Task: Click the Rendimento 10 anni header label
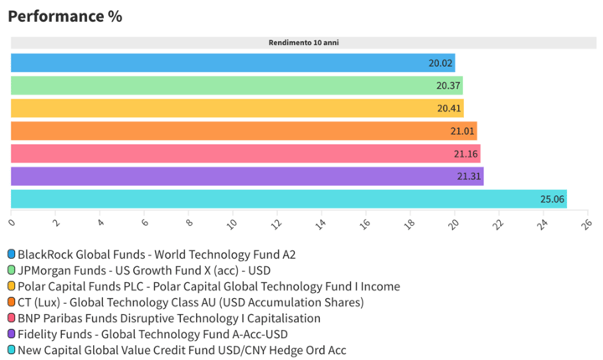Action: (x=303, y=42)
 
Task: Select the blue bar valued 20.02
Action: (x=232, y=63)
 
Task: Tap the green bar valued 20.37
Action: (x=236, y=85)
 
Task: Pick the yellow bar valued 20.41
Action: (x=236, y=108)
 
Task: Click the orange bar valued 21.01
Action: (x=243, y=131)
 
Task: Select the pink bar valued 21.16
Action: (x=245, y=153)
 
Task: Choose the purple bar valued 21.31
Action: (x=246, y=176)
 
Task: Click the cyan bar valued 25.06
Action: (x=288, y=198)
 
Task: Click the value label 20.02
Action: (x=441, y=63)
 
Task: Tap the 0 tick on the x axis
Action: (x=12, y=223)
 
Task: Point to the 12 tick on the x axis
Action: (x=277, y=224)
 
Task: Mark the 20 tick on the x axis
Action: (x=454, y=224)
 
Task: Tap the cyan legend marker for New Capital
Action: (x=11, y=350)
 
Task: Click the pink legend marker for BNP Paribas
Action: (x=11, y=318)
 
